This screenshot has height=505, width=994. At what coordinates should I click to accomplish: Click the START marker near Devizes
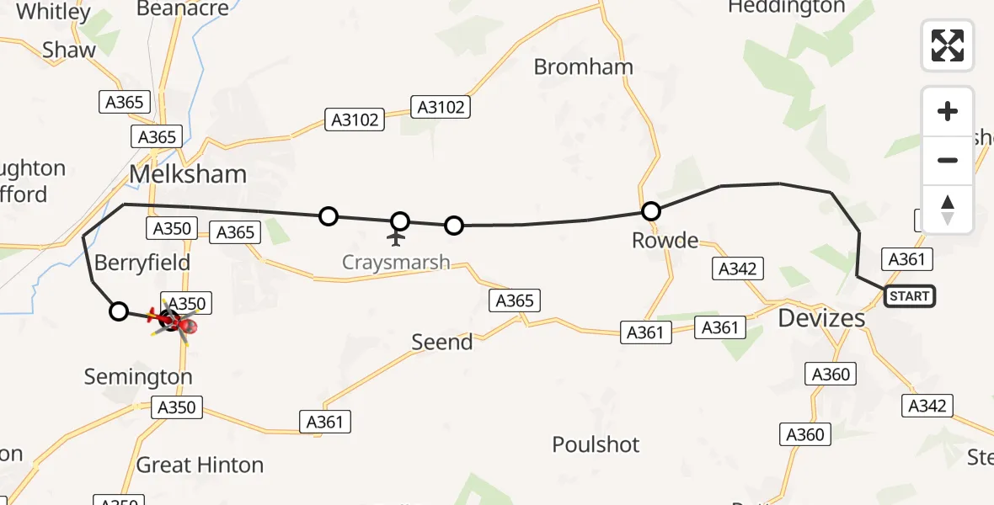tap(909, 296)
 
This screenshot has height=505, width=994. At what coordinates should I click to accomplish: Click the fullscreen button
tap(948, 45)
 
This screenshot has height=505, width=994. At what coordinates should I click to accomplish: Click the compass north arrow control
tap(948, 209)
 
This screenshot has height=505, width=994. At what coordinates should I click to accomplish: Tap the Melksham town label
tap(188, 174)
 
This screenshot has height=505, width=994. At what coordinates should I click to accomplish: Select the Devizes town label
tap(821, 317)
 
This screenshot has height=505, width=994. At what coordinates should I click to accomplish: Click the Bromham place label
tap(584, 67)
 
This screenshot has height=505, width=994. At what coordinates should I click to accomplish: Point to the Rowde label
tap(665, 241)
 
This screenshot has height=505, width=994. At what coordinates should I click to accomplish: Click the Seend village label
tap(441, 343)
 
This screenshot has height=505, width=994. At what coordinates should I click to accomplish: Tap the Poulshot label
tap(596, 444)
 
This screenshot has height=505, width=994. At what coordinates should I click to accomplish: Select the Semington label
tap(138, 377)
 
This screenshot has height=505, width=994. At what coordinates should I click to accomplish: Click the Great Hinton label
tap(200, 465)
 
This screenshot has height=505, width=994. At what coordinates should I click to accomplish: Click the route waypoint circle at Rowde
tap(650, 211)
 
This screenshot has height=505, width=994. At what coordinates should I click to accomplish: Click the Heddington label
tap(786, 8)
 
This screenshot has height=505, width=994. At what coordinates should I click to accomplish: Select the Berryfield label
tap(142, 263)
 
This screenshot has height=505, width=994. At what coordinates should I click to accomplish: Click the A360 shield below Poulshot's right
tap(804, 434)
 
